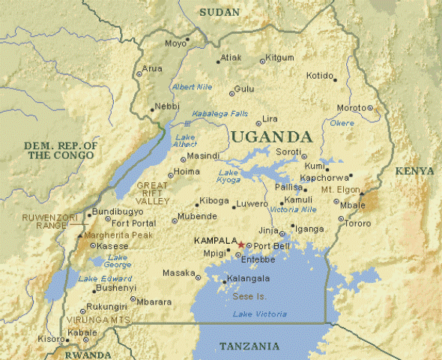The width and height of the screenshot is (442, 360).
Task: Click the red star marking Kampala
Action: pyautogui.click(x=241, y=245)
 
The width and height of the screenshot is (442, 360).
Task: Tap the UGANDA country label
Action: pyautogui.click(x=270, y=137)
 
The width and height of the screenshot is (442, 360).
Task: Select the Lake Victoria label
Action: pyautogui.click(x=260, y=313)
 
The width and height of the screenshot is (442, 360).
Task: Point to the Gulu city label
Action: pyautogui.click(x=244, y=88)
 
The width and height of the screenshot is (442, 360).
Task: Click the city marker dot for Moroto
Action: pyautogui.click(x=370, y=107)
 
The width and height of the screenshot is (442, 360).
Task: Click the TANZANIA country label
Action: pyautogui.click(x=249, y=346)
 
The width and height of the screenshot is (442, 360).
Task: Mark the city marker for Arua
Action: pyautogui.click(x=139, y=73)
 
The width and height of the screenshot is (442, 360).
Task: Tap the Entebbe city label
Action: pyautogui.click(x=258, y=259)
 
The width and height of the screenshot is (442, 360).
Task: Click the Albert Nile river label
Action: pyautogui.click(x=192, y=87)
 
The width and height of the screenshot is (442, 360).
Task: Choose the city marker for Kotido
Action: pyautogui.click(x=335, y=79)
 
